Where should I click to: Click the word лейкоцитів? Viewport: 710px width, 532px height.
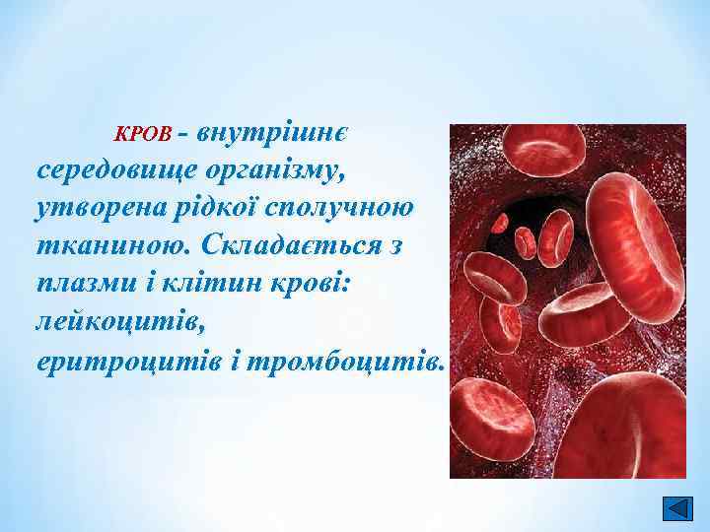click(108, 321)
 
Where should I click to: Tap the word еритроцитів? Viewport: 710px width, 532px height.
click(116, 361)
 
